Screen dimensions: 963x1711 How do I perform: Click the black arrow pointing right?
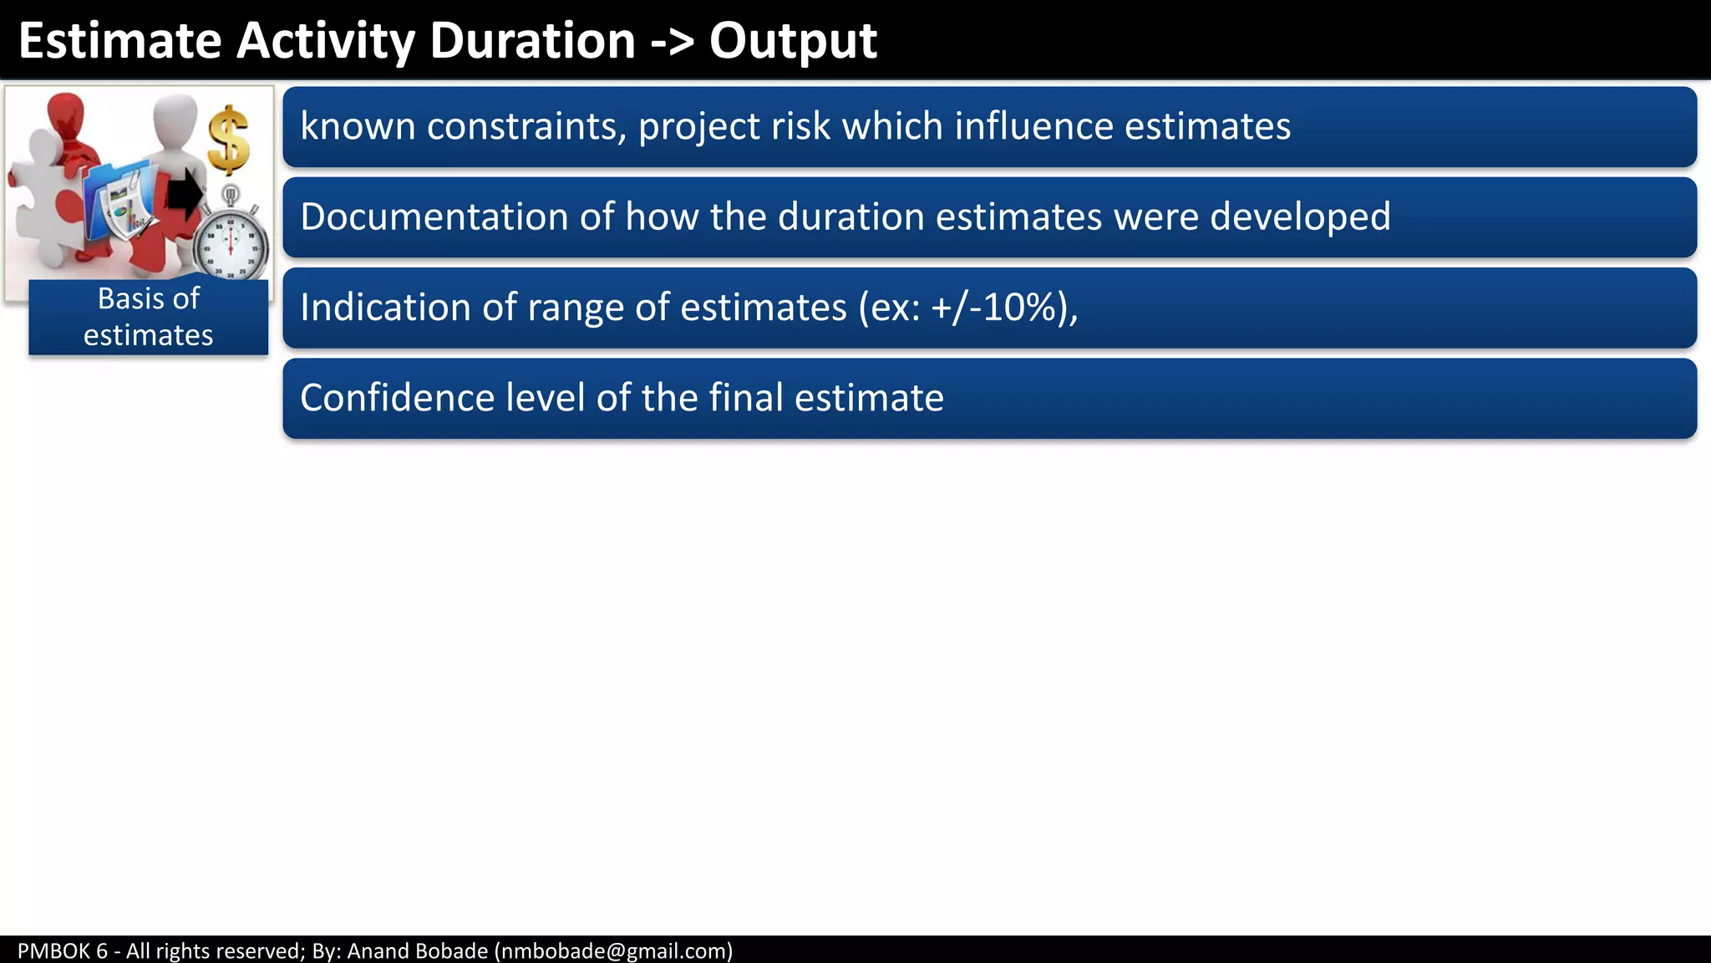click(x=185, y=194)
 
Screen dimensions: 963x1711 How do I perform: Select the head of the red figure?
click(x=65, y=112)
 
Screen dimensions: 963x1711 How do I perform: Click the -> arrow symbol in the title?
click(x=673, y=42)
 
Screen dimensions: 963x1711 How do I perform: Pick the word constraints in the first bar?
click(x=526, y=127)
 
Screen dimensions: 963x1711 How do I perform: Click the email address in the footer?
click(x=614, y=951)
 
